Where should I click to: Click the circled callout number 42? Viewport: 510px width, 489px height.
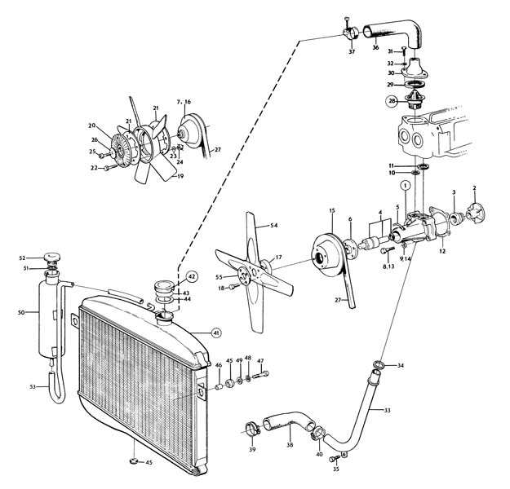(192, 276)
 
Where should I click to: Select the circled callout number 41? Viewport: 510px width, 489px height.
(215, 333)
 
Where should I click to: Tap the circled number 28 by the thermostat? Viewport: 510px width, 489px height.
(392, 101)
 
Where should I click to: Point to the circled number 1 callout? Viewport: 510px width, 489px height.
(406, 186)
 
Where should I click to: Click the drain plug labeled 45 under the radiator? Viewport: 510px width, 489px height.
(133, 460)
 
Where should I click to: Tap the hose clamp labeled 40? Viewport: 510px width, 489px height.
(317, 434)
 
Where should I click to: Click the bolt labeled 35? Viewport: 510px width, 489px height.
(334, 459)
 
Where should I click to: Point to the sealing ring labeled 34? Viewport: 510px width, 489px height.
(377, 364)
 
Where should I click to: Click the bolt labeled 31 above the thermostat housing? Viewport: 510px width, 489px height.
(404, 51)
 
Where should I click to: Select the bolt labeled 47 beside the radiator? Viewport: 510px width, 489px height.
(261, 375)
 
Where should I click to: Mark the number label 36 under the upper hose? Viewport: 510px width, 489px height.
(375, 47)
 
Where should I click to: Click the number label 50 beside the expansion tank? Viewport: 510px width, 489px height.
(21, 313)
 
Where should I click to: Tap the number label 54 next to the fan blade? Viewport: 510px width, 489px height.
(274, 225)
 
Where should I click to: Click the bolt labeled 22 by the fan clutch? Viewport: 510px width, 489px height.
(111, 168)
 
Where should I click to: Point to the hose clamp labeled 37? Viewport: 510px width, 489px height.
(349, 32)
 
